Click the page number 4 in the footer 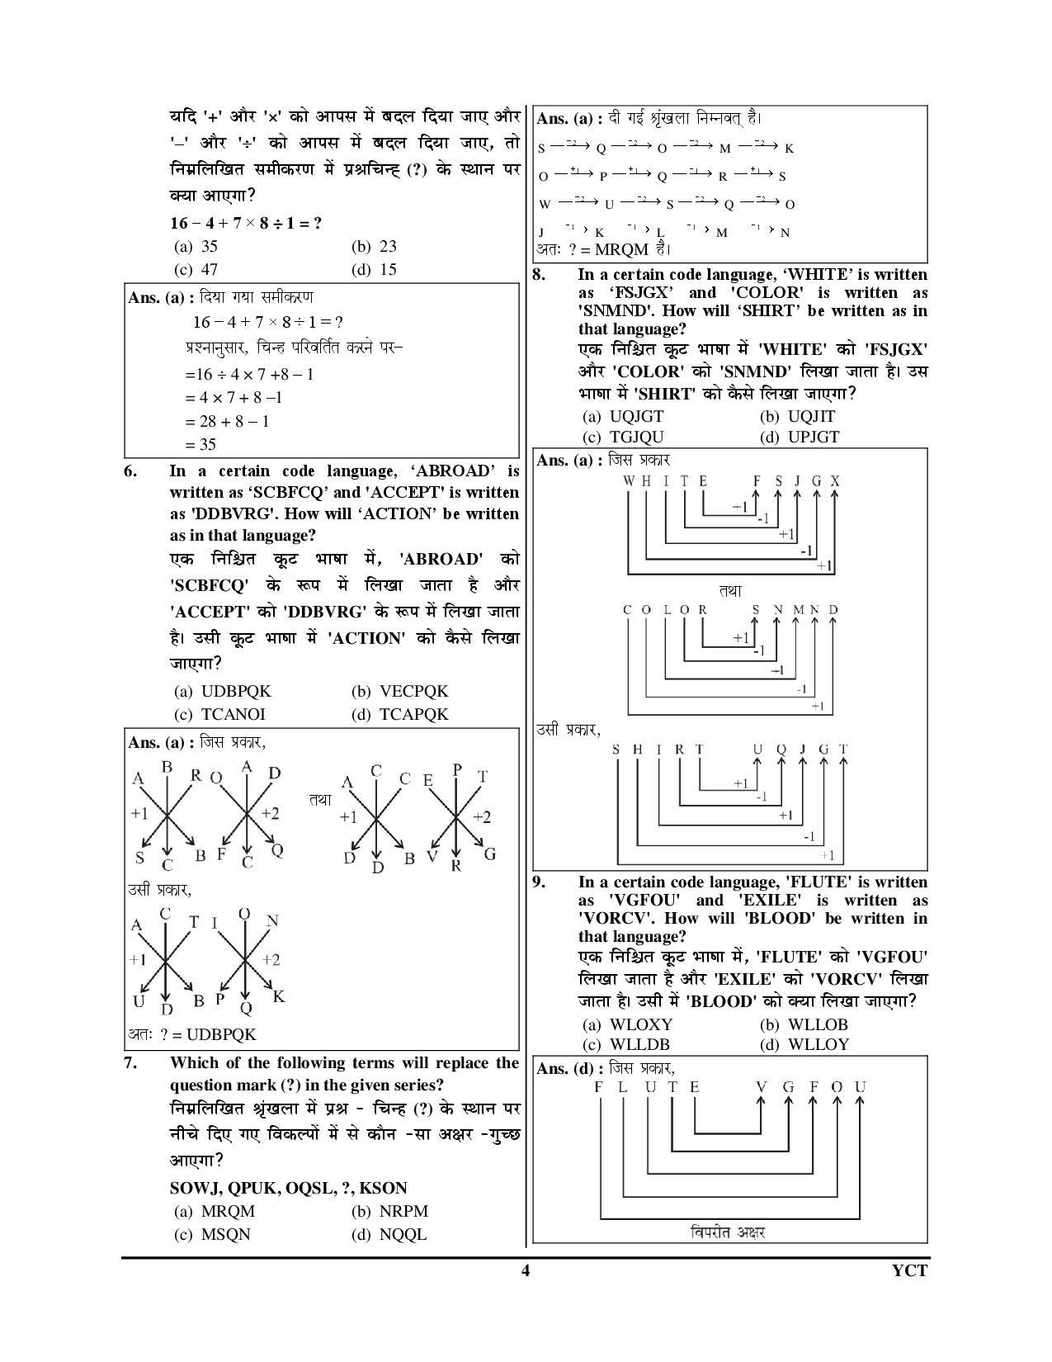[525, 1270]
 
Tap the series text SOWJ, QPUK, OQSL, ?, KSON [288, 1188]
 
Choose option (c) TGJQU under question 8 [623, 437]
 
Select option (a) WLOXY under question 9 [628, 1024]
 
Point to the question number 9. [540, 882]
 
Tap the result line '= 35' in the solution [200, 444]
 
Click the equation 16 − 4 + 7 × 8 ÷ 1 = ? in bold [246, 223]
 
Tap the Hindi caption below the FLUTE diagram [728, 1232]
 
